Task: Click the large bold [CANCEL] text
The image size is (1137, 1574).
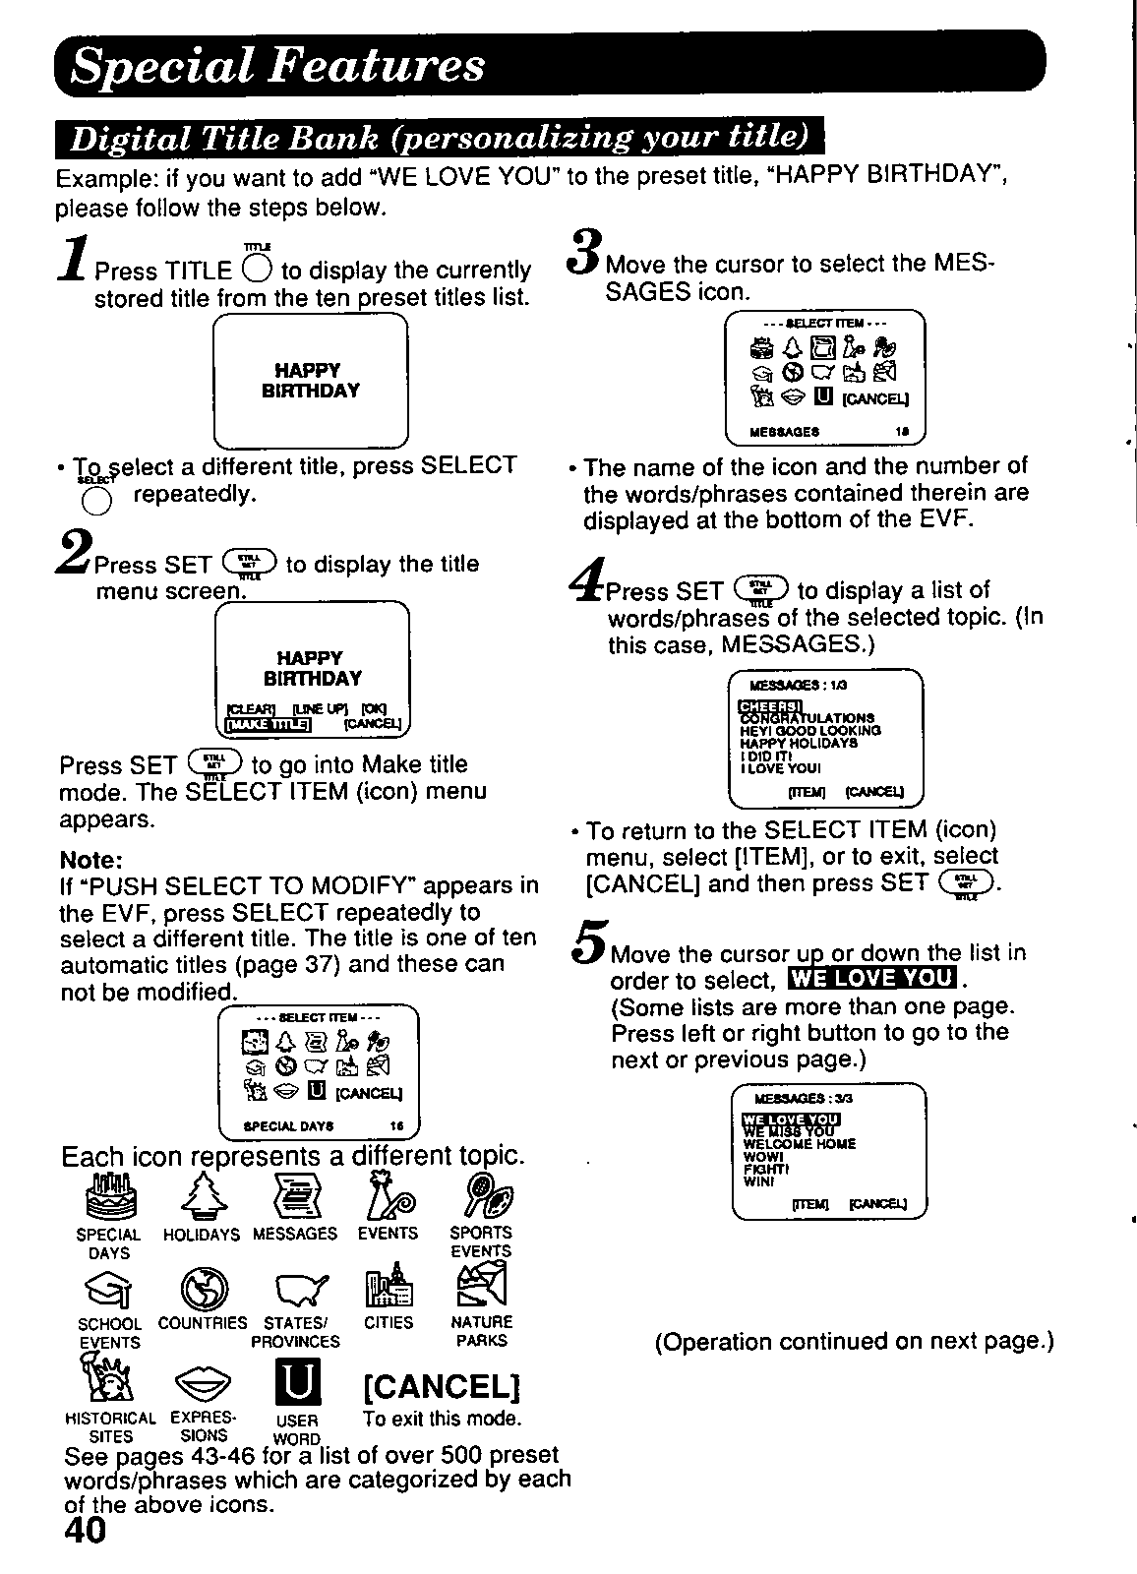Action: coord(441,1386)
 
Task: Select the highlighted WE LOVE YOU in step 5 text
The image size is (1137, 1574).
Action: coord(872,978)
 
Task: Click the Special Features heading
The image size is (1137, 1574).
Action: coord(279,66)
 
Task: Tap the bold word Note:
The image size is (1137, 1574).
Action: coord(90,859)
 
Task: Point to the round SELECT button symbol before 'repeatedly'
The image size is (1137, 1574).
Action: coord(94,502)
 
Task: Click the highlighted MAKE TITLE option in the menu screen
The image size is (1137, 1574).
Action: coord(269,725)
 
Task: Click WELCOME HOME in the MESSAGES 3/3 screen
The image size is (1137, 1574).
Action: coord(799,1144)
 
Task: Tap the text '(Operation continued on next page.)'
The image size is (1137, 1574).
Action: coord(854,1342)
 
